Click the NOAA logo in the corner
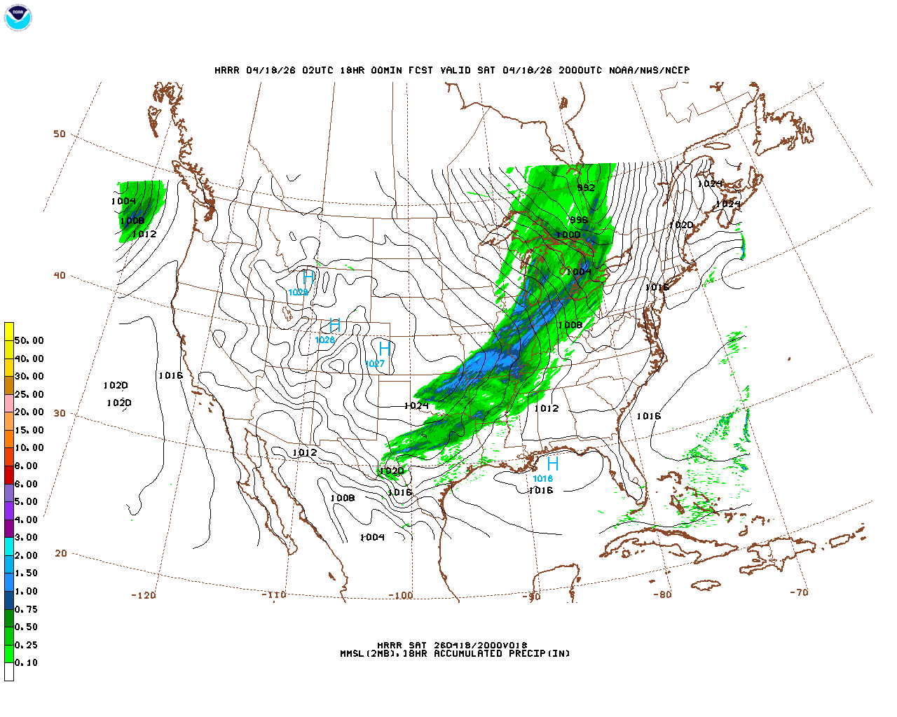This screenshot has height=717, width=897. coord(18,18)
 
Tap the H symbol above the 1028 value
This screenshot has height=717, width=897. coord(308,279)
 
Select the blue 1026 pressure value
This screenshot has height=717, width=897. coord(324,340)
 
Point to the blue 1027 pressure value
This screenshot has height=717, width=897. coord(375,364)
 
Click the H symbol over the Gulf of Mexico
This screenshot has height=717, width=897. coord(553,464)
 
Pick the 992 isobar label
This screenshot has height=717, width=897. coord(586,188)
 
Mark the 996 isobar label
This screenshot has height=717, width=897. coord(579,221)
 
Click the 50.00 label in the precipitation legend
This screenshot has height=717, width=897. coord(29,341)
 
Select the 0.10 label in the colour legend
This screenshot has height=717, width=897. coord(27,662)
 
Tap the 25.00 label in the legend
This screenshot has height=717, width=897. coord(29,394)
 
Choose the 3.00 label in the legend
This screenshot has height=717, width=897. coord(27,538)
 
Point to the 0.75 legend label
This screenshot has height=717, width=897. coord(27,609)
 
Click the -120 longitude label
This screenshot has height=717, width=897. coord(143,595)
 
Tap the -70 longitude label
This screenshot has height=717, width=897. coord(799,592)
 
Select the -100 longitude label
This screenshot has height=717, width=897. coord(401,596)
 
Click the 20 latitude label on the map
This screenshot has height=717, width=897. coord(61,553)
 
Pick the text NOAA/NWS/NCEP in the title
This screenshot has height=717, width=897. coord(649,71)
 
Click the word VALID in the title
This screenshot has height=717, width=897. coord(456,71)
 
